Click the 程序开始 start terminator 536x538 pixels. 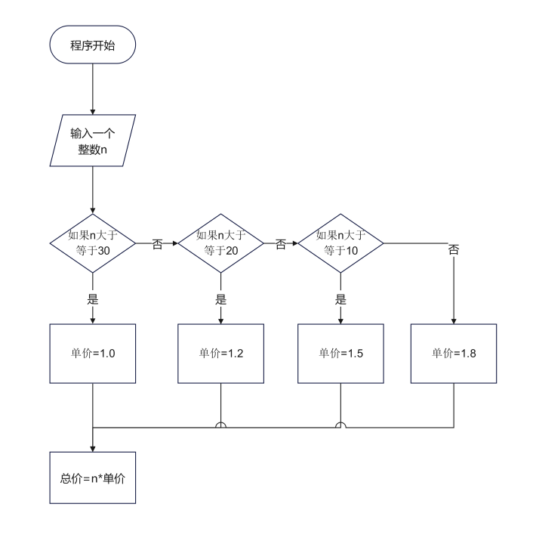tap(92, 46)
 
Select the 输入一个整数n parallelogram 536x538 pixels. tap(92, 141)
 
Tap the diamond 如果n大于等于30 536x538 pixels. tap(92, 243)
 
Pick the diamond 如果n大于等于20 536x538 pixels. tap(220, 243)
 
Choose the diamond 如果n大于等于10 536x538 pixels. tap(340, 243)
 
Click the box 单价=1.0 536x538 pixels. tap(92, 353)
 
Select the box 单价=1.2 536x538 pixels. tap(220, 353)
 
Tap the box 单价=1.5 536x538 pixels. tap(340, 353)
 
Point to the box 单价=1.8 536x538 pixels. tap(454, 353)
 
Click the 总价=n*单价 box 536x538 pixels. tap(92, 478)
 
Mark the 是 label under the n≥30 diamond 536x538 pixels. tap(92, 298)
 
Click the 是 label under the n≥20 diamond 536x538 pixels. tap(220, 298)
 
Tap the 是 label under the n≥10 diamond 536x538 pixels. tap(340, 298)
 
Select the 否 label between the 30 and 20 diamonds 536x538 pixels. tap(157, 246)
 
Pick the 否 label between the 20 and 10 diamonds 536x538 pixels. tap(281, 244)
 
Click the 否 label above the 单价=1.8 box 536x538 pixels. tap(454, 250)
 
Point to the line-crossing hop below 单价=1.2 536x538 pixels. tap(220, 425)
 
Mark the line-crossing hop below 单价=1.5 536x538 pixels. tap(340, 425)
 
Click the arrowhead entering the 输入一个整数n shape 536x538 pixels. tap(92, 110)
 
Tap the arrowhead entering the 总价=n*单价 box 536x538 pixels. tap(92, 448)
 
